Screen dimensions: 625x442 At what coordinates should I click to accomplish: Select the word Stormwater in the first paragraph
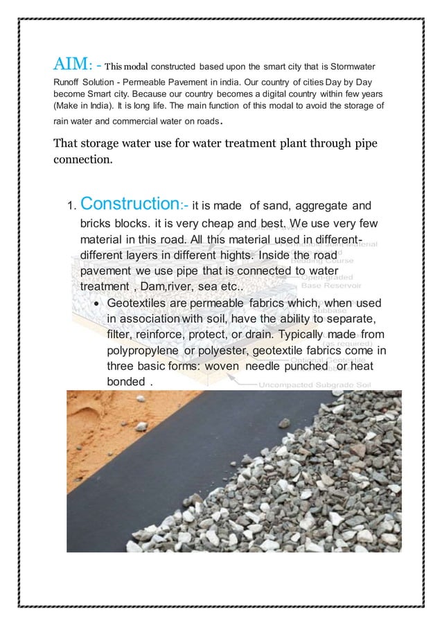[x=350, y=67]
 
